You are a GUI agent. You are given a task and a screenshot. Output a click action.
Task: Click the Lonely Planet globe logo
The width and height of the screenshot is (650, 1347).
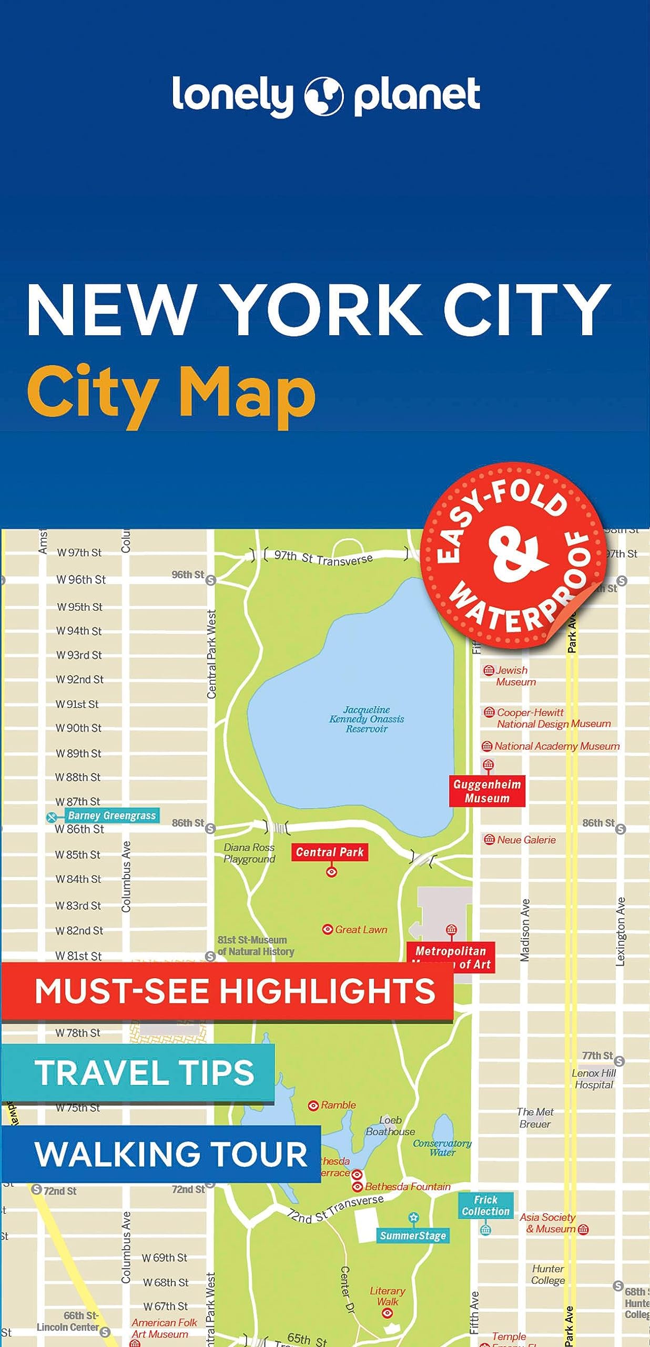point(324,96)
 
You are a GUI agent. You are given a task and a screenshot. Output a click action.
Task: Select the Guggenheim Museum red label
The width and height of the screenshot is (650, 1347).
point(487,791)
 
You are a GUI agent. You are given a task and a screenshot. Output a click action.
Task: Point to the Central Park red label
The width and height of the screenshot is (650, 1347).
point(330,852)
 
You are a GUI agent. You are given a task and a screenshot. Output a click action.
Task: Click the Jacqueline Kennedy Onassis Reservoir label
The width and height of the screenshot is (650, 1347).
point(367,719)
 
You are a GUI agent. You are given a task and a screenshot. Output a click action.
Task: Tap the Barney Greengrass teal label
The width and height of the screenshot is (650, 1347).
point(111,816)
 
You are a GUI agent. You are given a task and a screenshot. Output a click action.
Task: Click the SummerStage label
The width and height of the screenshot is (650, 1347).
point(413,1235)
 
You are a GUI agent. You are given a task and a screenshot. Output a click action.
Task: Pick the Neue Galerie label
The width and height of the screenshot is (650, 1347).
point(526,840)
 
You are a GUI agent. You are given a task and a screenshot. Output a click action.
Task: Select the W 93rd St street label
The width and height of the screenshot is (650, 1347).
point(79,655)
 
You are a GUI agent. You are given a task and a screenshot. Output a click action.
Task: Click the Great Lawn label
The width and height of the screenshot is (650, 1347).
point(361,930)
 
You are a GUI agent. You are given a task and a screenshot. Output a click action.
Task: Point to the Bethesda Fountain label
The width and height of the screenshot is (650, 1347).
point(408,1187)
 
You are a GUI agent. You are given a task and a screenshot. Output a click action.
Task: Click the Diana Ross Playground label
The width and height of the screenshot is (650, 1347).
point(249,853)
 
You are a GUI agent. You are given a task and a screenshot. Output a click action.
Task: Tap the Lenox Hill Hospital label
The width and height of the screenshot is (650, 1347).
point(594,1079)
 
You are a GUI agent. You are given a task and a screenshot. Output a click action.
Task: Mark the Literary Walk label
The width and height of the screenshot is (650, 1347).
point(388,1296)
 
